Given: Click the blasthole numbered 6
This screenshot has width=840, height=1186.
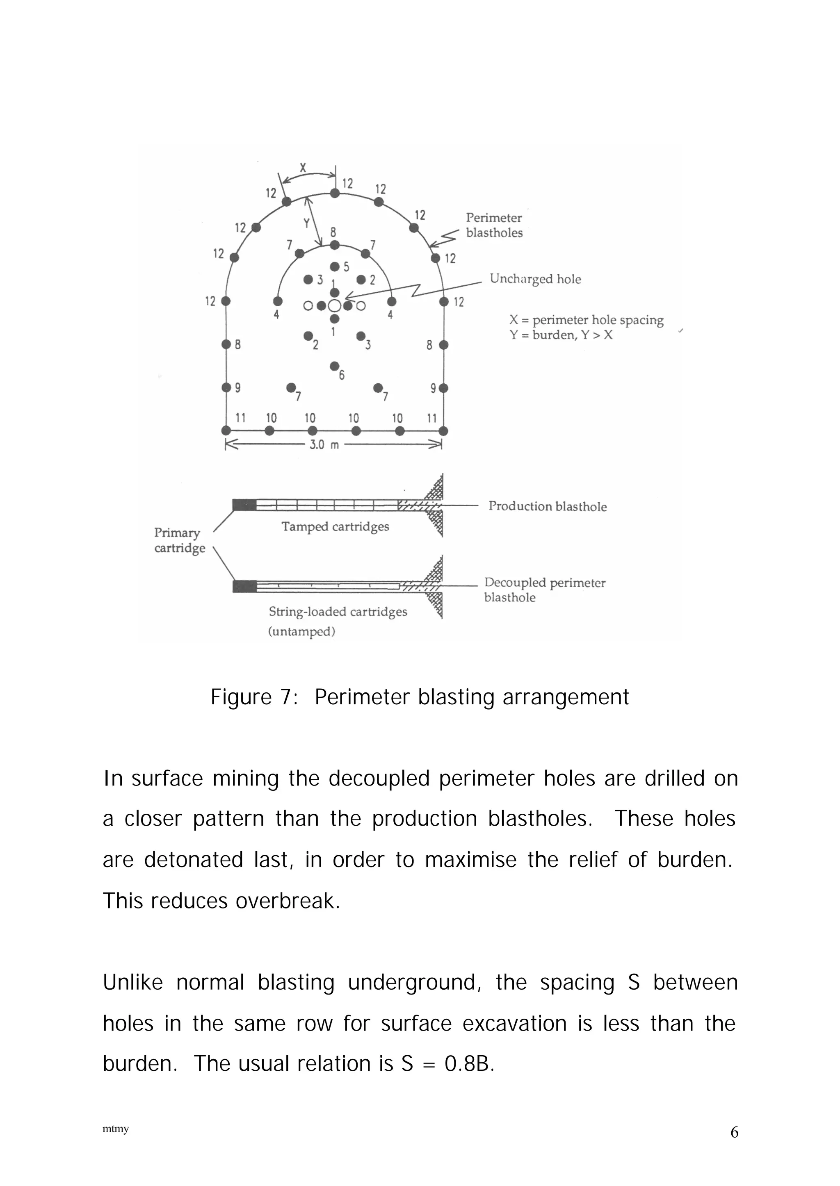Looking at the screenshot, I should [334, 366].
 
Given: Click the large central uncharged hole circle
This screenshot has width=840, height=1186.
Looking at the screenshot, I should [335, 305].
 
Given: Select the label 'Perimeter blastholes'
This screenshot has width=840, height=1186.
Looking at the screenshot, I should [494, 225].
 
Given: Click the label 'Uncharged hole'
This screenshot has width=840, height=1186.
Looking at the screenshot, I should [535, 279].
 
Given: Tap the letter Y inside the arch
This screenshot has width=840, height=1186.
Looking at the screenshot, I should [307, 223].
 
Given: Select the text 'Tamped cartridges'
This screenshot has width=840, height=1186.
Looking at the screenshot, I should [335, 527].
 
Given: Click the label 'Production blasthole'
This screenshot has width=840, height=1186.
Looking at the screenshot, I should [547, 506].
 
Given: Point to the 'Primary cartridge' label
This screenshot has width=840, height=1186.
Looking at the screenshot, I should [179, 540].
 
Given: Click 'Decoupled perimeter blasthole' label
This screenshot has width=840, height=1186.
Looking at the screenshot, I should [544, 590].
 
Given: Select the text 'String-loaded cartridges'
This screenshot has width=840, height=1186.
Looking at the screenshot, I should [338, 612].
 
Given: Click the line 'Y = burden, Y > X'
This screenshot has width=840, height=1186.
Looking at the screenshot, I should [561, 335].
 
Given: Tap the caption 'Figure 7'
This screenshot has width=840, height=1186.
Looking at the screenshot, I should [253, 697].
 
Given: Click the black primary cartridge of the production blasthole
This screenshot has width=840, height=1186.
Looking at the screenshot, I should [244, 505].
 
